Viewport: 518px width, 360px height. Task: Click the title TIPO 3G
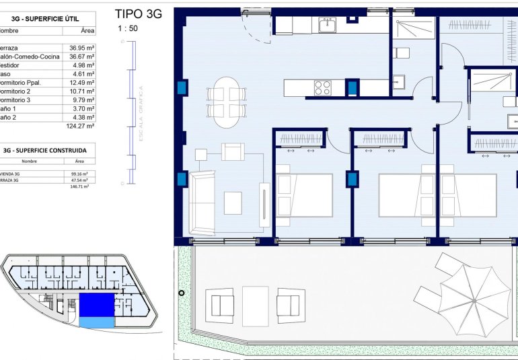tap(139, 13)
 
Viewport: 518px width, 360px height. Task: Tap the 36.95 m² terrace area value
tap(82, 48)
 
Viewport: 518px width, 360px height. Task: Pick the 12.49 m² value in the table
tap(82, 83)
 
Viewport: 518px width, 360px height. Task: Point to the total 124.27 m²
tap(80, 126)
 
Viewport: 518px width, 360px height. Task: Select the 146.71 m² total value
tap(79, 186)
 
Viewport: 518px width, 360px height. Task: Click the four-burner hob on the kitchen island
tap(323, 87)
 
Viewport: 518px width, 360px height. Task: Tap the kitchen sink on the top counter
tap(327, 26)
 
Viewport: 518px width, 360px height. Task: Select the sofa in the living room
tap(201, 202)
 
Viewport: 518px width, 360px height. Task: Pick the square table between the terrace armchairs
tap(255, 301)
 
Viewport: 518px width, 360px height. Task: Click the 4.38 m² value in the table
tap(82, 118)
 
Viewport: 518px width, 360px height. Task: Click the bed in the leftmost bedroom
tap(303, 195)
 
